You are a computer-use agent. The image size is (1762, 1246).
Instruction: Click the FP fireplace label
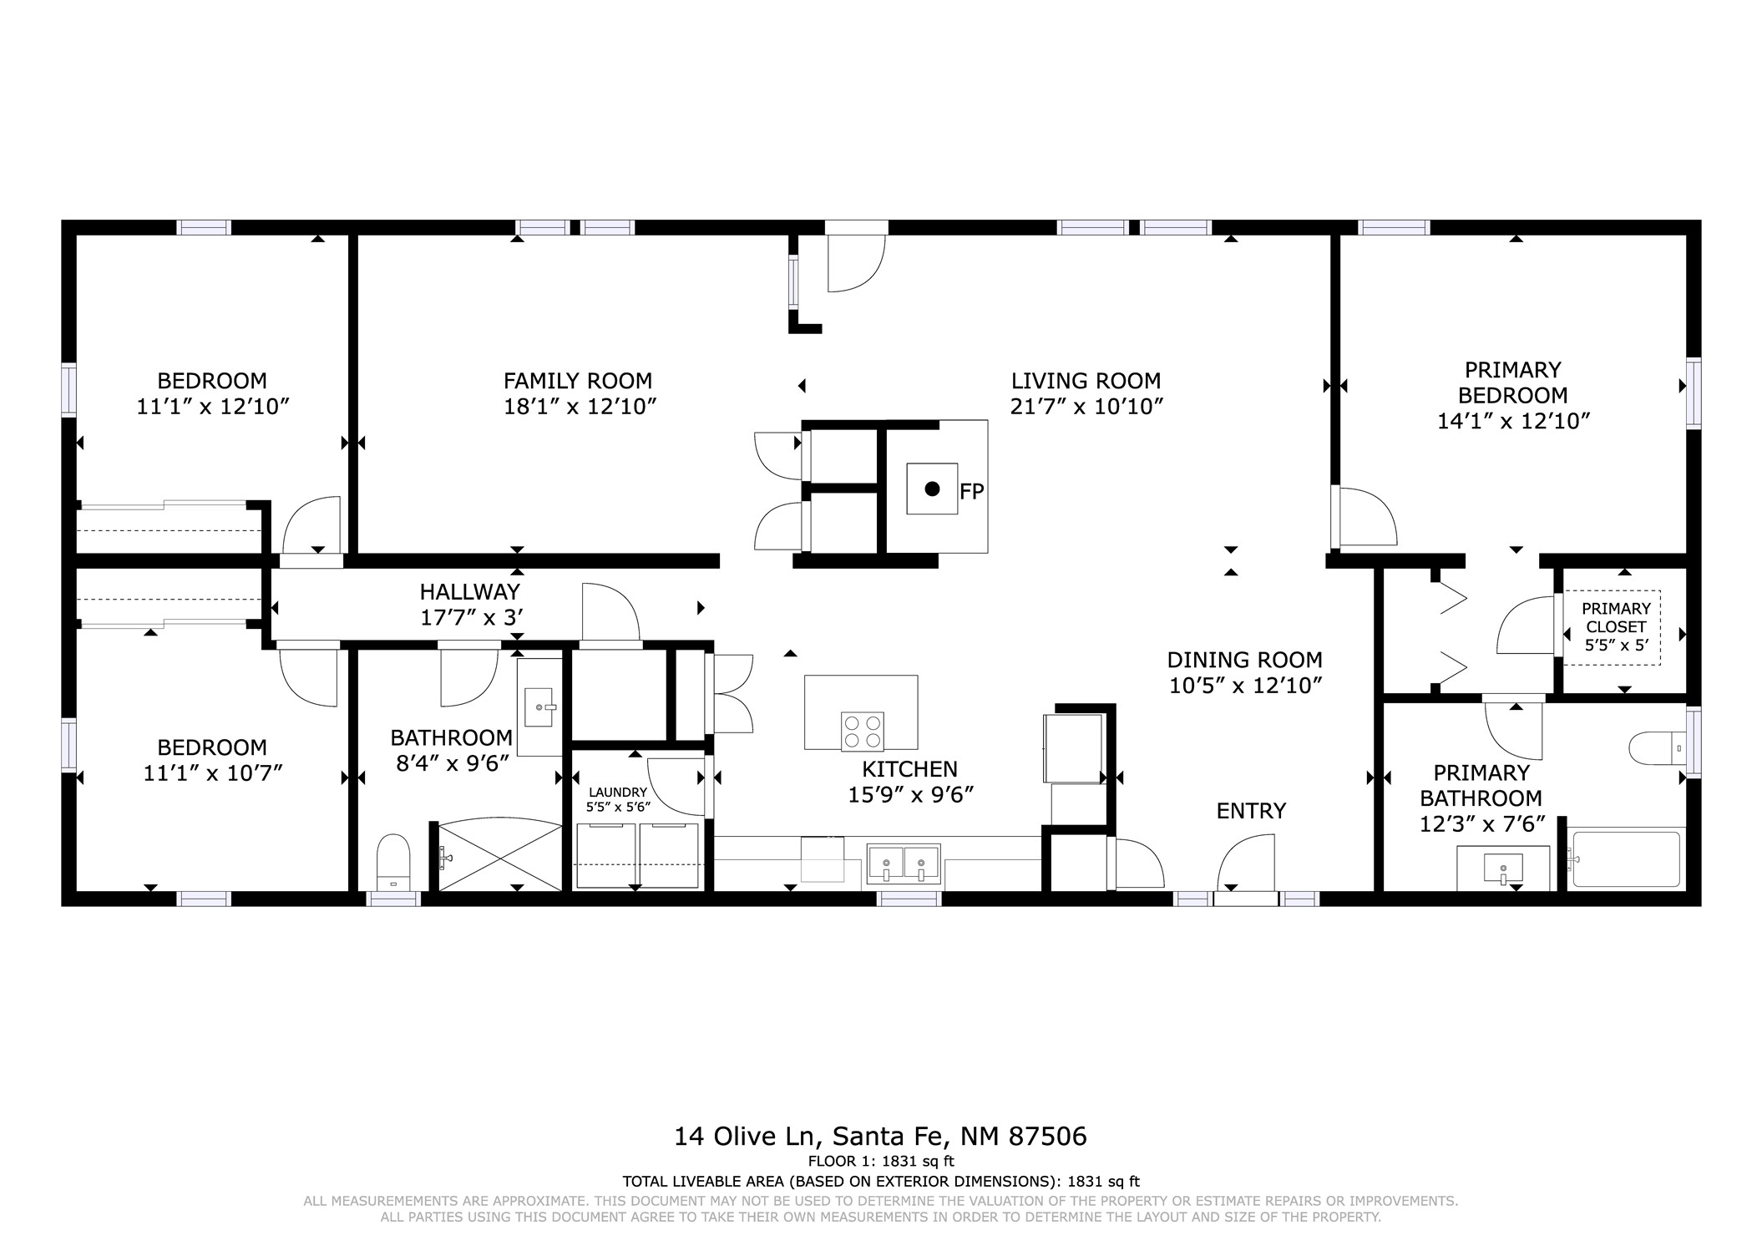coord(972,492)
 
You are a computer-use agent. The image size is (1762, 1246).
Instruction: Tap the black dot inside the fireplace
coord(933,489)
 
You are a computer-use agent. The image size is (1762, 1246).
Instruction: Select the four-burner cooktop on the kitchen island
coord(863,732)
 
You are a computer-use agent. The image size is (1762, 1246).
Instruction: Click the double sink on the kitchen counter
coord(904,863)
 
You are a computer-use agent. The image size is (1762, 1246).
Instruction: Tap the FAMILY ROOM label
coord(578,381)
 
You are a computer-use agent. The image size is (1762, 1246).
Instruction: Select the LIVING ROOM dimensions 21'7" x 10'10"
coord(1086,407)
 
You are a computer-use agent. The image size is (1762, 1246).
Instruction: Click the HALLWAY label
coord(470,592)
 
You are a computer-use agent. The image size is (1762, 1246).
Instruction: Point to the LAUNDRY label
coord(618,793)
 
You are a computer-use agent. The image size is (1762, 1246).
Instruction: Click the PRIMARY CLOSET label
coord(1616,617)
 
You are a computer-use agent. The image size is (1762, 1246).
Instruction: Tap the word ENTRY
coord(1251,811)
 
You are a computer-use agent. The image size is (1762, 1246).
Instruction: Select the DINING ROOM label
coord(1244,660)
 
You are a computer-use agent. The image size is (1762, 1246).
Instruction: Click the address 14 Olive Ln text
coord(749,1137)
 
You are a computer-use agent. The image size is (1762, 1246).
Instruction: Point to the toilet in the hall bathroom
coord(393,862)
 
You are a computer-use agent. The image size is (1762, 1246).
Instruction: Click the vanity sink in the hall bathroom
coord(540,707)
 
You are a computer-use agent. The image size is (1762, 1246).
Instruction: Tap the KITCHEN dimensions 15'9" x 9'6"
coord(911,795)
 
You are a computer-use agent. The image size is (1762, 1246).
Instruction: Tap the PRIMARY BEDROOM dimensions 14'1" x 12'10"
coord(1513,421)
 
